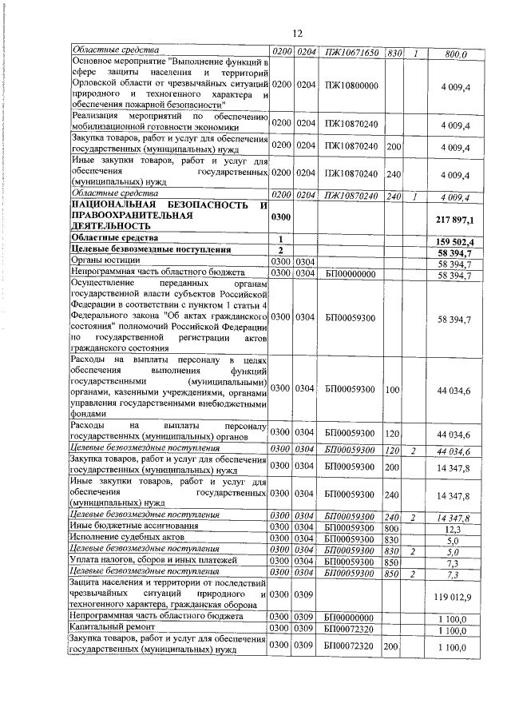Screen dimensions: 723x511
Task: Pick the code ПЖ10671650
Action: click(351, 54)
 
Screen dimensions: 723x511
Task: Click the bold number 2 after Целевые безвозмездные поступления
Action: click(281, 251)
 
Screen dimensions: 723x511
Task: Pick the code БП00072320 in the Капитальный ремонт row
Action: click(351, 630)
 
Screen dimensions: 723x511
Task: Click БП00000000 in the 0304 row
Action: click(351, 274)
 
